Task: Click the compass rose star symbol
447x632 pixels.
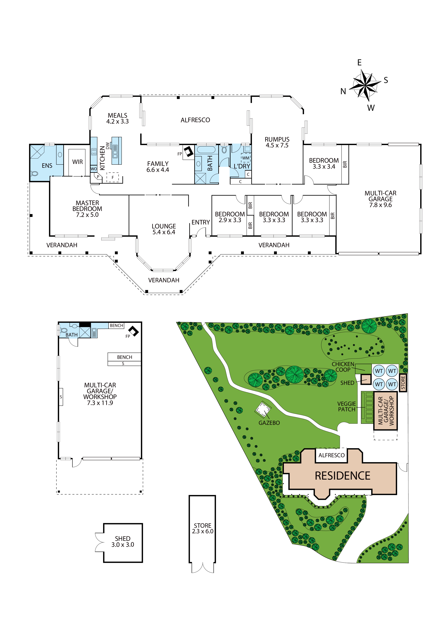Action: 365,85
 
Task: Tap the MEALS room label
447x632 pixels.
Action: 118,115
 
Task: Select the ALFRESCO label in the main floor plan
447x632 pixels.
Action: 195,120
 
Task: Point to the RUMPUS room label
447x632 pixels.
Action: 277,139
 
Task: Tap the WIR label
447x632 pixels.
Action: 77,162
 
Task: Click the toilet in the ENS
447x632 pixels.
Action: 34,174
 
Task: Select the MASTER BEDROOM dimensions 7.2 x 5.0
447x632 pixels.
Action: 87,215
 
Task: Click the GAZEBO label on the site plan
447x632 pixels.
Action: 269,423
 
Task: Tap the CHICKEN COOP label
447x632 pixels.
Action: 343,367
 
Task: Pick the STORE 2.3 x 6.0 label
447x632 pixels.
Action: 203,529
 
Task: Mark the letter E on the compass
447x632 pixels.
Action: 359,63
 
